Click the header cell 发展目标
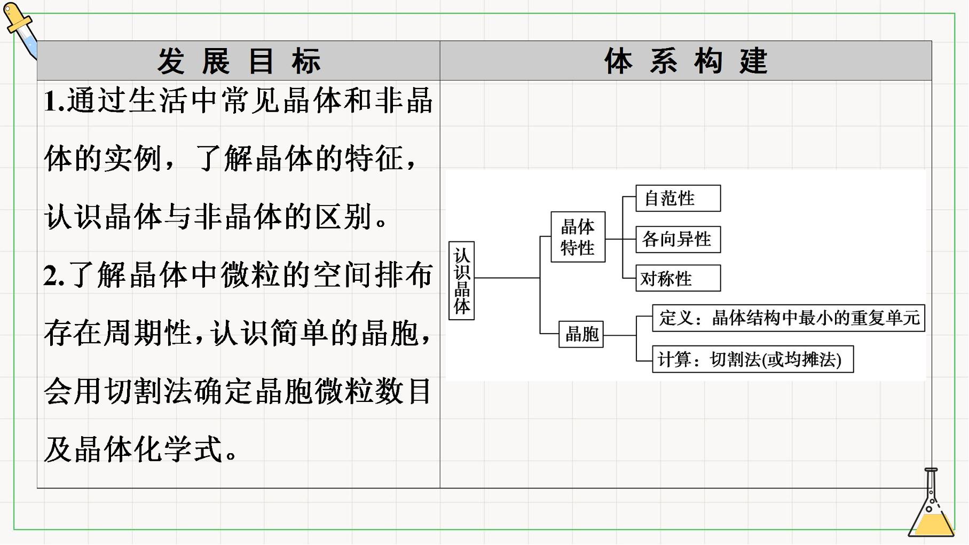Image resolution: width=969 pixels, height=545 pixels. point(239,61)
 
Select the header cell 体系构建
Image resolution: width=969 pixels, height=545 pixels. point(686,61)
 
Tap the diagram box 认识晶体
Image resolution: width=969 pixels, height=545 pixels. point(462,281)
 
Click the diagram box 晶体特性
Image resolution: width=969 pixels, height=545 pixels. point(578,237)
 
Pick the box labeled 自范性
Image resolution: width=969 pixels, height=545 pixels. point(678,199)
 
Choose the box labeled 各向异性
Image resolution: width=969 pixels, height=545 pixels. point(678,239)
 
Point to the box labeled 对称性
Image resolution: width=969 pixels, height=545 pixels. point(678,278)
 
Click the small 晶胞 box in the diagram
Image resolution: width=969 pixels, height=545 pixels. point(581,334)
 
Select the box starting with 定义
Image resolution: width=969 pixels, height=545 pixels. point(789,318)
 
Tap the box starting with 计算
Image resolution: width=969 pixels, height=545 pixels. point(753,359)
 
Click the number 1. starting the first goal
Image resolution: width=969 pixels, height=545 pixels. point(54,101)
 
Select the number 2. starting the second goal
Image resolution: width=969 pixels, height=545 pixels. point(54,276)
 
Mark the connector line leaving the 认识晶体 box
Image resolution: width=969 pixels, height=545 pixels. point(507,278)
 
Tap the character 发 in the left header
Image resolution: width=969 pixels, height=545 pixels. point(171,61)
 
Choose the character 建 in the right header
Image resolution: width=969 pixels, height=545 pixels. point(753,61)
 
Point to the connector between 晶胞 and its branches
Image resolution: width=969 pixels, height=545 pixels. point(620,335)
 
